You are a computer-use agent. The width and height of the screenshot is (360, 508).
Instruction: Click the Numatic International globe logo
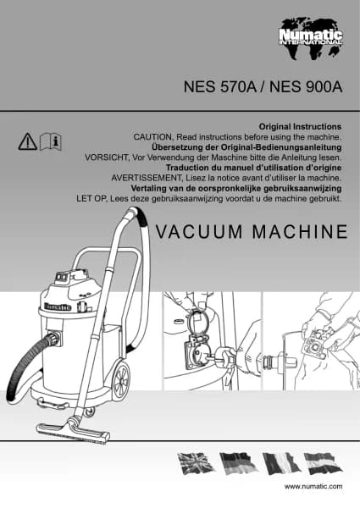point(311,39)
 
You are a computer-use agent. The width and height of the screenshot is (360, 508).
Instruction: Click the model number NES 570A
point(220,87)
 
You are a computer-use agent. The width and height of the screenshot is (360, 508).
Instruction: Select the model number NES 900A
point(306,87)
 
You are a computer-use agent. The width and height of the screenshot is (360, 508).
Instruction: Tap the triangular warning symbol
point(28,141)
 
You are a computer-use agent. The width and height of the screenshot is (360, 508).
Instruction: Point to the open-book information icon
point(51,141)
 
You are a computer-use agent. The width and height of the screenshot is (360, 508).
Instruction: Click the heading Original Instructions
point(300,126)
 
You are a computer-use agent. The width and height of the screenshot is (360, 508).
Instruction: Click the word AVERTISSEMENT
point(147,178)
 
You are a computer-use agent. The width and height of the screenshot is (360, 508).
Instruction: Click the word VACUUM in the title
point(199,232)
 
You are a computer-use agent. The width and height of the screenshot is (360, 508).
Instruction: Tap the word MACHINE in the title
point(300,232)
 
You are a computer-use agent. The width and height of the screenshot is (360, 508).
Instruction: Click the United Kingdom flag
point(196,463)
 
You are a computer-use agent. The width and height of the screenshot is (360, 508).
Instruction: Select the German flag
point(238,463)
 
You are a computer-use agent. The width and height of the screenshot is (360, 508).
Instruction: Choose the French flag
point(281,464)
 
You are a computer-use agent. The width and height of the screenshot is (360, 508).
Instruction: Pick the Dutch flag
point(323,464)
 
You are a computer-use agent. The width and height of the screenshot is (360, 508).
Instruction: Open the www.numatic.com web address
point(313,486)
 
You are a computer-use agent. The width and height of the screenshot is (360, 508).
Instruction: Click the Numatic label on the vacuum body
point(58,307)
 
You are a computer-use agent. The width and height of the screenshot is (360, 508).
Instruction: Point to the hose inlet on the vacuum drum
point(54,340)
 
